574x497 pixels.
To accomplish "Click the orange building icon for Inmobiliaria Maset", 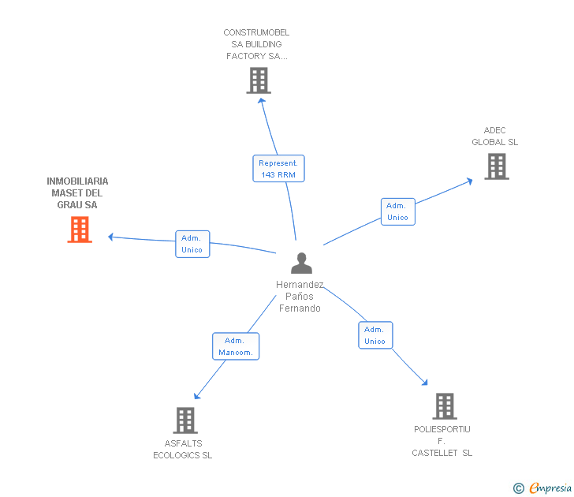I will point(80,229).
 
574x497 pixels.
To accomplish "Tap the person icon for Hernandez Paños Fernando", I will point(301,263).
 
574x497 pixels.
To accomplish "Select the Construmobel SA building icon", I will point(259,80).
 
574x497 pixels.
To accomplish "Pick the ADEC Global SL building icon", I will point(496,166).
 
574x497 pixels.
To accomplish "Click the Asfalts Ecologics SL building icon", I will point(185,420).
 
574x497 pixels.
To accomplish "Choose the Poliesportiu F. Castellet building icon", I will point(445,406).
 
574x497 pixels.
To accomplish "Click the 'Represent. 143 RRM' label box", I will point(278,169).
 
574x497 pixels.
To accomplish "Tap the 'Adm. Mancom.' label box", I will point(236,346).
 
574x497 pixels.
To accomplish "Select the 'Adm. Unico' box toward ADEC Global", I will point(398,211).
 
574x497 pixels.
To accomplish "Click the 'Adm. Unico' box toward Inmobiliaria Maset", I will point(192,244).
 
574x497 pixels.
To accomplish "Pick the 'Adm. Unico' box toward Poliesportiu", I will point(375,335).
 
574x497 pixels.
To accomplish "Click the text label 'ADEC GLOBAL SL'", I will point(495,136).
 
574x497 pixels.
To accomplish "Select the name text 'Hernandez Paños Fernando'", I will point(300,297).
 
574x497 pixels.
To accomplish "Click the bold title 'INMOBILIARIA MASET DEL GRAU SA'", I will point(77,193).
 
